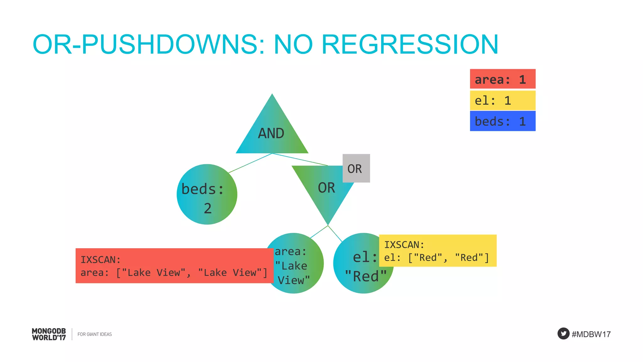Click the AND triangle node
pyautogui.click(x=272, y=132)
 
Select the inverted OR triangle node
pyautogui.click(x=325, y=189)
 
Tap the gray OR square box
pyautogui.click(x=356, y=168)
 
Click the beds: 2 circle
pyautogui.click(x=207, y=194)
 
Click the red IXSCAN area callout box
pyautogui.click(x=174, y=266)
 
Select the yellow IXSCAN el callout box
pyautogui.click(x=438, y=250)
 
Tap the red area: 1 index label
pyautogui.click(x=502, y=79)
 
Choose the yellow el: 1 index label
pyautogui.click(x=502, y=100)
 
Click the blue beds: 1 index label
pyautogui.click(x=502, y=121)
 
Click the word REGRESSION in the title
pyautogui.click(x=410, y=44)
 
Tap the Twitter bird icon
pyautogui.click(x=563, y=333)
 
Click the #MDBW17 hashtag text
pyautogui.click(x=591, y=334)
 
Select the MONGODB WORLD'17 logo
pyautogui.click(x=49, y=334)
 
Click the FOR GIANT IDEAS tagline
pyautogui.click(x=95, y=334)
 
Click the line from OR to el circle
pyautogui.click(x=335, y=233)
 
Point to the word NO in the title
pyautogui.click(x=293, y=44)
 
